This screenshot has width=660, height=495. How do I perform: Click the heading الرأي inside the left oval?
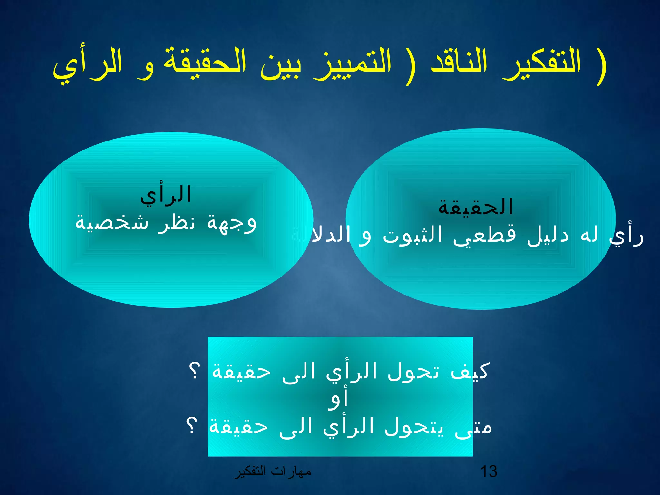coord(166,195)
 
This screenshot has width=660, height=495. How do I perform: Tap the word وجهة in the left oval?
coord(232,222)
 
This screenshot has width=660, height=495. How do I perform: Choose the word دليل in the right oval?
coord(548,235)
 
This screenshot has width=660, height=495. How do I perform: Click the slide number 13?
coord(489,471)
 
